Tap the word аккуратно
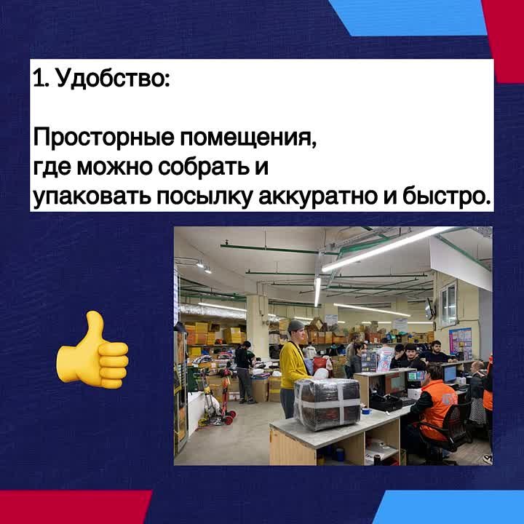point(318,196)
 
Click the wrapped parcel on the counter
point(327,404)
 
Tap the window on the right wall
point(448,302)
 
